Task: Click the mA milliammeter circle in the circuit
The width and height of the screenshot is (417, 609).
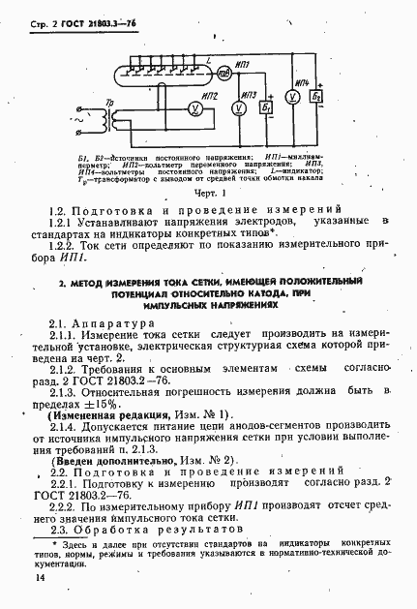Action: pyautogui.click(x=223, y=75)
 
